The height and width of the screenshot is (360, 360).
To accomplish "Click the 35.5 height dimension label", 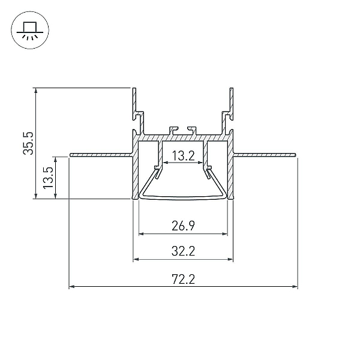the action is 28,143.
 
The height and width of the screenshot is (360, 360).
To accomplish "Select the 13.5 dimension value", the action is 48,178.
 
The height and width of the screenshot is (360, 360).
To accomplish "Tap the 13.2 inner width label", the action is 183,156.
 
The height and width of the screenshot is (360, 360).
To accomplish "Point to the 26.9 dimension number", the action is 183,226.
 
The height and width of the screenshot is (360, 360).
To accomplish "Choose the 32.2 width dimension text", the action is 183,251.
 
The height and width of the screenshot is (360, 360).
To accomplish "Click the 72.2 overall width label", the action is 183,280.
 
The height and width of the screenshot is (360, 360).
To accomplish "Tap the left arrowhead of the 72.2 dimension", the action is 72,287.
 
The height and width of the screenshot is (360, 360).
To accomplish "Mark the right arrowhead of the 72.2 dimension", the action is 295,287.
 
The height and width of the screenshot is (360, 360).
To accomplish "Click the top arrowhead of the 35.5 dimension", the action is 35,91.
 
